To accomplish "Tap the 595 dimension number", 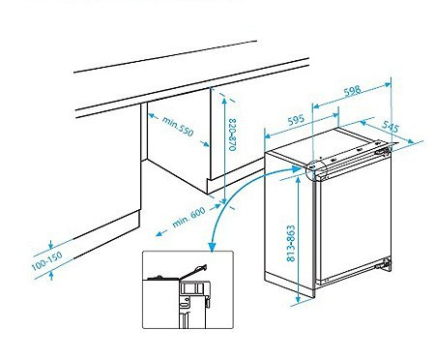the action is (x=299, y=122).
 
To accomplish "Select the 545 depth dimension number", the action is (x=391, y=127).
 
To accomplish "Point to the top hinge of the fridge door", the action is (x=385, y=151).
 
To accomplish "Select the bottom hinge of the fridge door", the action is (x=387, y=261).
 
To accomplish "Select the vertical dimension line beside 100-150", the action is (x=50, y=259).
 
